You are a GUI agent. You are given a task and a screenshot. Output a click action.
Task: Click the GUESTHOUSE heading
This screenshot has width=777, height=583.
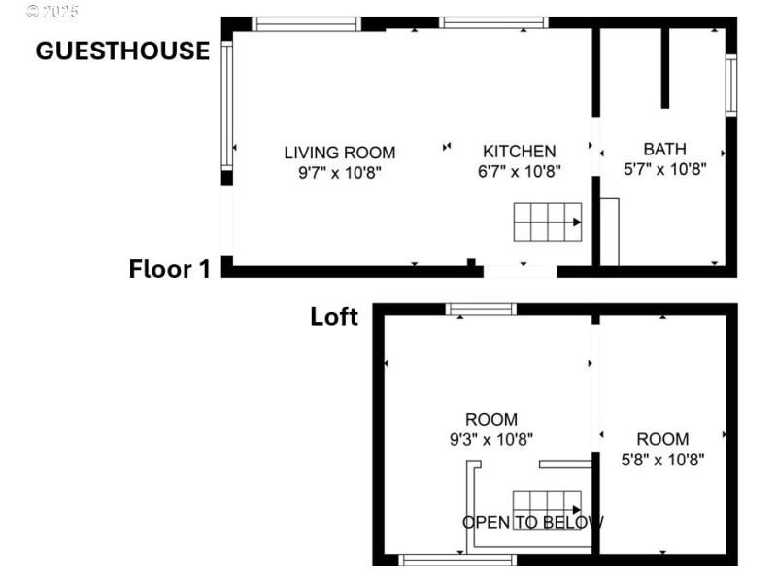point(122,51)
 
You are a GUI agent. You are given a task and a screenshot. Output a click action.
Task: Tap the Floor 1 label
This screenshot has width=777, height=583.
point(169,269)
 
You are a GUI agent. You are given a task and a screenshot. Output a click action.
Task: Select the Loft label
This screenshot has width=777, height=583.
point(334,316)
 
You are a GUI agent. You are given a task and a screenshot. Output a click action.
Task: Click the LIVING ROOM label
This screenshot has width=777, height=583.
point(339,152)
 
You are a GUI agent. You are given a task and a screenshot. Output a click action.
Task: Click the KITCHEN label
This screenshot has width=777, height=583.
point(520,151)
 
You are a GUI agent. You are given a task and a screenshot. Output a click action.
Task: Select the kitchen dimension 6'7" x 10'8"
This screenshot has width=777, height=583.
point(520,170)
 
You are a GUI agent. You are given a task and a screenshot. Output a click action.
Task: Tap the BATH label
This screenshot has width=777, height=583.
point(664,149)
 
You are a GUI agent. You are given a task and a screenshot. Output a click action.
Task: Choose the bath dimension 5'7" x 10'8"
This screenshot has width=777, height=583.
point(664,167)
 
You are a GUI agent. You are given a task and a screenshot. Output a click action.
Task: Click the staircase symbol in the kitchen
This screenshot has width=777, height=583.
point(548,223)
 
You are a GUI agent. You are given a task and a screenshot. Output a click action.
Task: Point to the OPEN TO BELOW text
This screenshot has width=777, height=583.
point(532,522)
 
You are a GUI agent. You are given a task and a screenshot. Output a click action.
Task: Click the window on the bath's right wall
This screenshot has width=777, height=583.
point(730,86)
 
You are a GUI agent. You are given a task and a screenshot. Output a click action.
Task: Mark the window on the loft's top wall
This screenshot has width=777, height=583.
point(481,309)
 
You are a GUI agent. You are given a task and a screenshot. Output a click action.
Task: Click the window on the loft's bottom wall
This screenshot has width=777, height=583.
point(458,559)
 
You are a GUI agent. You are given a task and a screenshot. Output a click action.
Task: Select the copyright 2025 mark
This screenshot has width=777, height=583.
point(52,11)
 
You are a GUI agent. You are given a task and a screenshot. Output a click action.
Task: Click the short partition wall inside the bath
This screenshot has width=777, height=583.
point(665,68)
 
